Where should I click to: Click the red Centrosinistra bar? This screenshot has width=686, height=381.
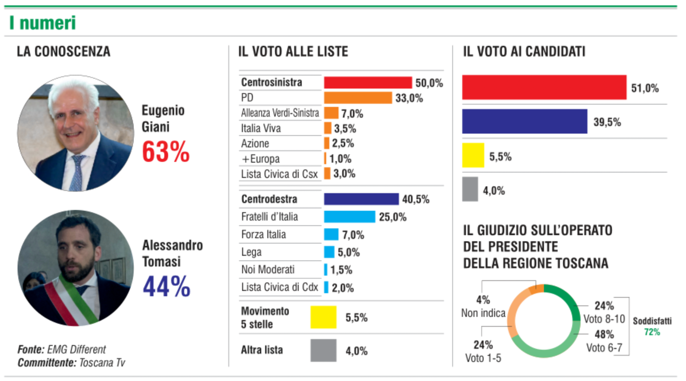[x=367, y=82]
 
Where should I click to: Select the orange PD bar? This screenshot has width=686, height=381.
[x=358, y=98]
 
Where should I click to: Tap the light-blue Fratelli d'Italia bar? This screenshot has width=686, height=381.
[x=349, y=217]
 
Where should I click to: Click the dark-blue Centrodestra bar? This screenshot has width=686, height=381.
[x=361, y=199]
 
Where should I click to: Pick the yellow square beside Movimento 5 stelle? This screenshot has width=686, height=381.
[x=323, y=317]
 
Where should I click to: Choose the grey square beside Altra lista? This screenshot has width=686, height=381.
[x=323, y=350]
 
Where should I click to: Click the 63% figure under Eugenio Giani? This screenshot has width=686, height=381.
[x=165, y=152]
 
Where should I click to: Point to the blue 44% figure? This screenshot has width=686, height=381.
[x=167, y=286]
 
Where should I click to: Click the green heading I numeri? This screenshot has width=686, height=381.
[x=42, y=23]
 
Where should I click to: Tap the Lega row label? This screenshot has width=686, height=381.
[x=251, y=252]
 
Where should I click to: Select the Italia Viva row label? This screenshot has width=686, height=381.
[x=261, y=128]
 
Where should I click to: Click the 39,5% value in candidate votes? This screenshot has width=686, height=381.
[x=607, y=122]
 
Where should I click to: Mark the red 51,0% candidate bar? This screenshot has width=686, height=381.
[x=544, y=87]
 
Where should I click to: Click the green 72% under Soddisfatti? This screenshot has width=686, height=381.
[x=652, y=332]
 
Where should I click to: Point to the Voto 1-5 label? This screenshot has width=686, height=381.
[x=483, y=358]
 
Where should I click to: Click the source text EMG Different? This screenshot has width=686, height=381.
[x=76, y=349]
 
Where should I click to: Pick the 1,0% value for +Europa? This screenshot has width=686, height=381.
[x=340, y=159]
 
